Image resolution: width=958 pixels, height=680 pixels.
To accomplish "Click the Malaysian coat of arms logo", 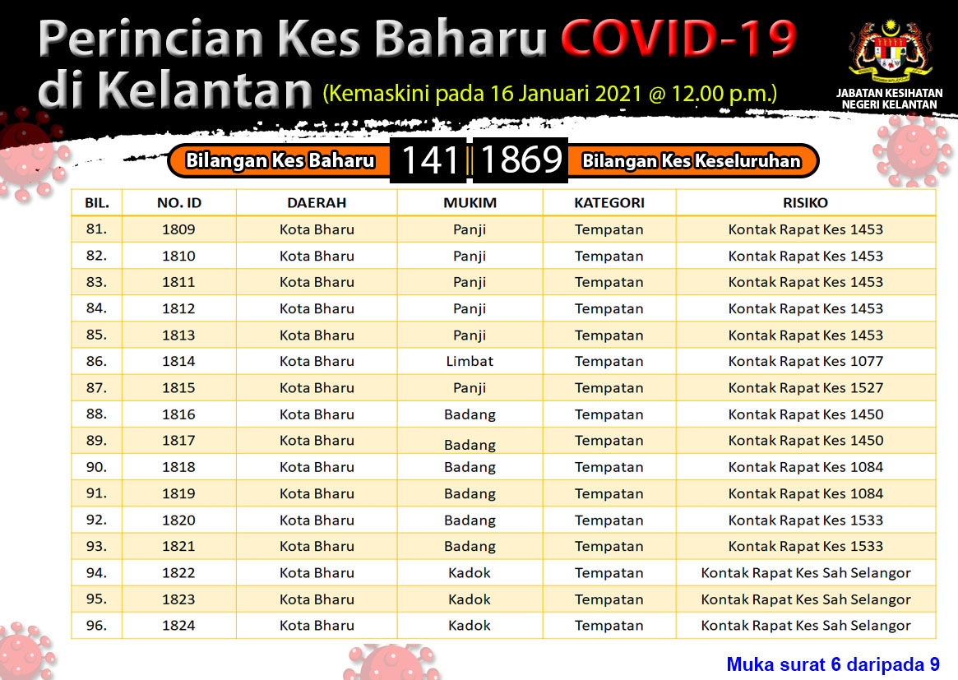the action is pos(891,53).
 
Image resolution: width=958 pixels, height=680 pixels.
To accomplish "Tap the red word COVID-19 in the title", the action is pos(678,38).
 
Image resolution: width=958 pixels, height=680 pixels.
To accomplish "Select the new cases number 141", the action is pos(430,160).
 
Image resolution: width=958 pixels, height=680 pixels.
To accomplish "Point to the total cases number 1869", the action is pos(521,160).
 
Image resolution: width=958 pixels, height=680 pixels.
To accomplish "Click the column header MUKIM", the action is pos(470,203).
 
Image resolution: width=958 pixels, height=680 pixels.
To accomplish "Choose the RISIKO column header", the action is pos(805,203).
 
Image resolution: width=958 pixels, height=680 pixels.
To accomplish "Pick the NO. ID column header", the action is pos(179,203).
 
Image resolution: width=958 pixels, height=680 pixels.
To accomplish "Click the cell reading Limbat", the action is pos(470,361).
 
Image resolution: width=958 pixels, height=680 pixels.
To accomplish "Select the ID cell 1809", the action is pos(178,229).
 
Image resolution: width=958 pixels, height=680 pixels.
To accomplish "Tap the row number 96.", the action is pos(96,625).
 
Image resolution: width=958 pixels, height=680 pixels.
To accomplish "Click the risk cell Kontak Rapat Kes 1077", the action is pos(805,361).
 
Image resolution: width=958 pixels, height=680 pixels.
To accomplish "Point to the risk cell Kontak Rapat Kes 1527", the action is pos(805,388).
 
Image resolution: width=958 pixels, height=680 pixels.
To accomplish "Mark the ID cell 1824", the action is pos(178,626).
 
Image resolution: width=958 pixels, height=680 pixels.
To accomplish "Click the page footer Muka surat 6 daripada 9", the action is pos(833,664).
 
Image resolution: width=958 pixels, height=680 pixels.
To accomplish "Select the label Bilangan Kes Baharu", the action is pos(280,160).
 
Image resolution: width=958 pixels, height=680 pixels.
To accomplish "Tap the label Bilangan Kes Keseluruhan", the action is pos(691,160).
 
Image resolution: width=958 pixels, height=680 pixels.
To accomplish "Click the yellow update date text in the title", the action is pos(550,94).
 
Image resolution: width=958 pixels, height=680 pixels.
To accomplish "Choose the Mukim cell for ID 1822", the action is pos(470,572).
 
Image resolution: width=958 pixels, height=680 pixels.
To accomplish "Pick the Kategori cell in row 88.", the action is pos(609,414).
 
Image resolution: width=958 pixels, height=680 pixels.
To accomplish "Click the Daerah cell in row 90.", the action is pos(317,467).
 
